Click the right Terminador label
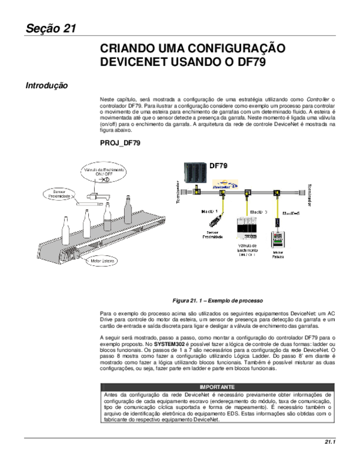310,193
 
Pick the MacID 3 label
259,212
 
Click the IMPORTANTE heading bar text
217,387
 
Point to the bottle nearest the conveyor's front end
66,230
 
